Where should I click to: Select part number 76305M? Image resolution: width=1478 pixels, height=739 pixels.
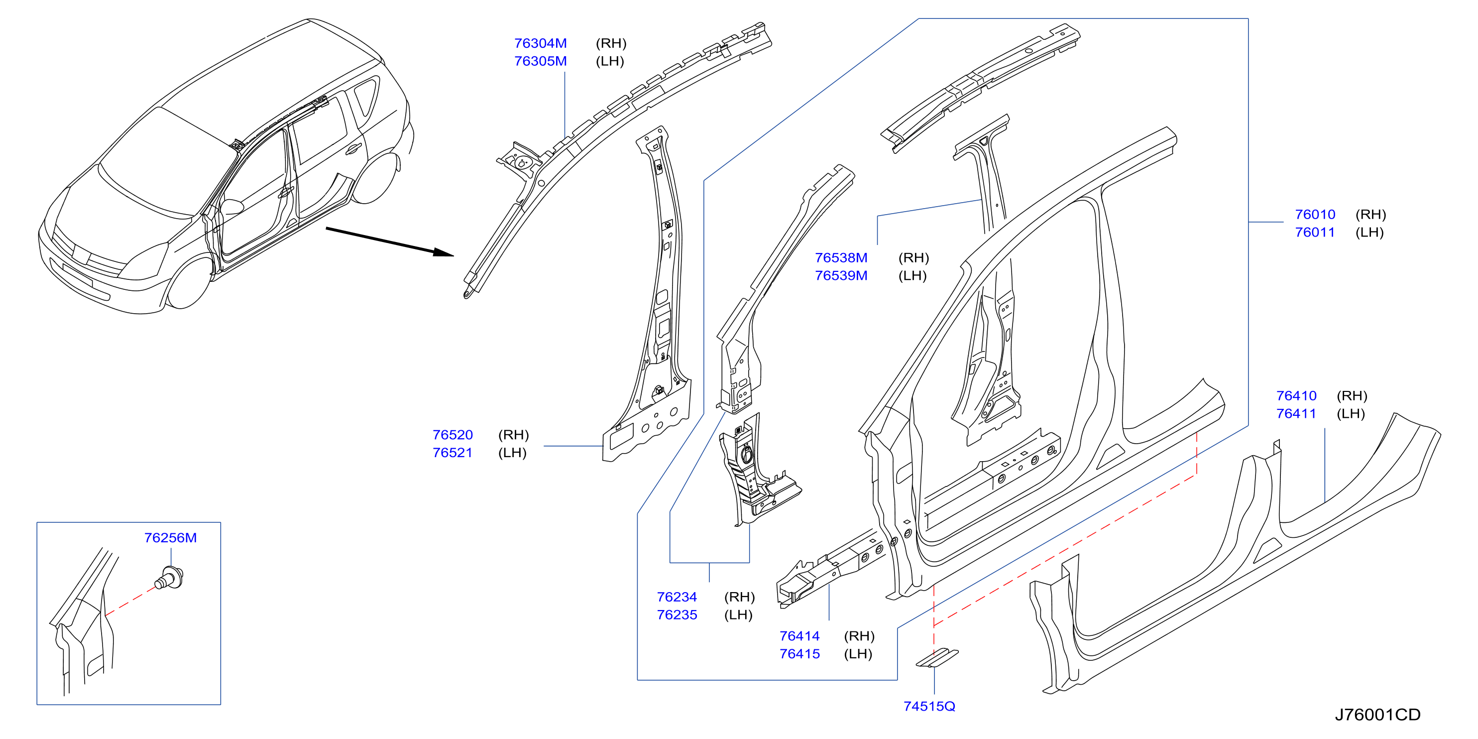click(x=540, y=61)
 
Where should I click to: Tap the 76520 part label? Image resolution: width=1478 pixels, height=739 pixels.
click(x=453, y=435)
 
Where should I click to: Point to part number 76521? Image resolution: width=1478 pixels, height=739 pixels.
click(x=452, y=453)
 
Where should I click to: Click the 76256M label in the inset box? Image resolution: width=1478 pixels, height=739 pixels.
click(x=170, y=538)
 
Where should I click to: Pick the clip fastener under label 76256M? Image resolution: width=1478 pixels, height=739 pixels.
click(x=170, y=578)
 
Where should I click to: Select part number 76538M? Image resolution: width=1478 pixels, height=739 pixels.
click(x=841, y=257)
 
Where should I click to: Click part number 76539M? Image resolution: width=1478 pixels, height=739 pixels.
click(x=841, y=275)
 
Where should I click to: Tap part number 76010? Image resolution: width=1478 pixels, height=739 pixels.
click(x=1315, y=215)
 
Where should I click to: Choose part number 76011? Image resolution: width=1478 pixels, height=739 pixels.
click(x=1315, y=233)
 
